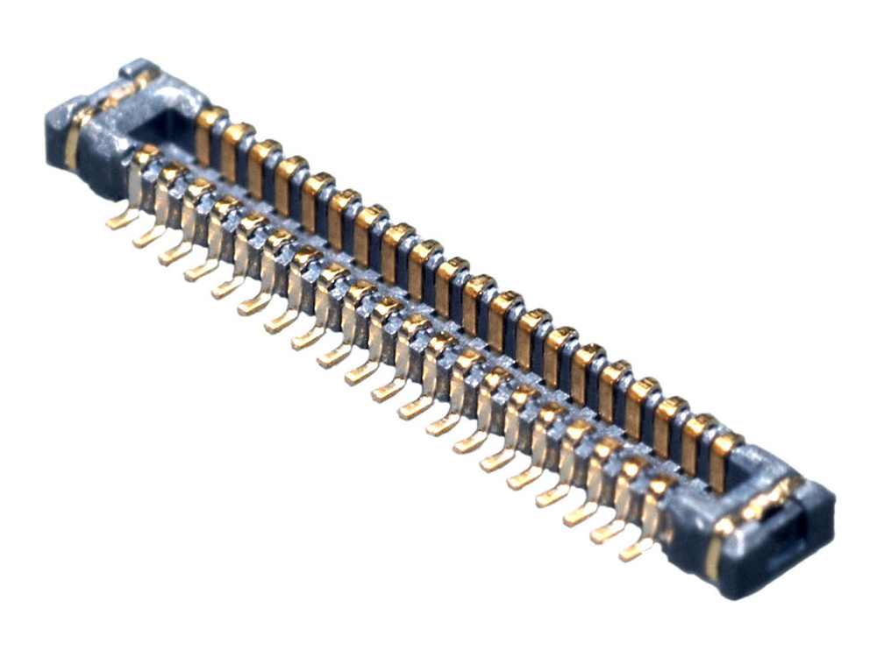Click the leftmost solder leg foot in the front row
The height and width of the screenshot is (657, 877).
120,221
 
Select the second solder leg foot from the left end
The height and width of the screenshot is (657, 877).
146,237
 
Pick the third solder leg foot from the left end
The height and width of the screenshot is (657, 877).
173,255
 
